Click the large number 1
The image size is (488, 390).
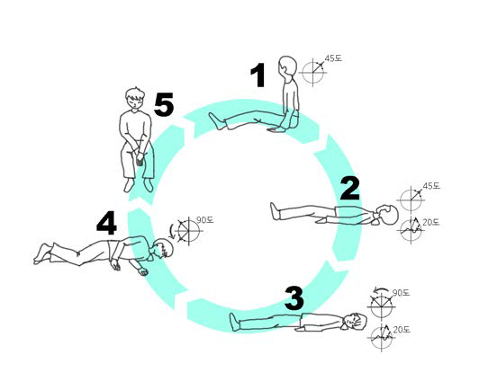click(258, 75)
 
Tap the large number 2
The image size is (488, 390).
click(350, 188)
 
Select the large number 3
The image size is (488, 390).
click(294, 298)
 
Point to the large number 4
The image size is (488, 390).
click(107, 223)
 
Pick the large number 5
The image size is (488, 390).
click(164, 104)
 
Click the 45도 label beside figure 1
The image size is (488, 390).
click(333, 58)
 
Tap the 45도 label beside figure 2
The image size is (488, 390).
click(431, 186)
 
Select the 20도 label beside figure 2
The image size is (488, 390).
click(431, 222)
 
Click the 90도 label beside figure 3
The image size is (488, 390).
click(401, 293)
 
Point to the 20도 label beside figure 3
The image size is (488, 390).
click(402, 330)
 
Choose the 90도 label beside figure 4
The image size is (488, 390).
click(204, 220)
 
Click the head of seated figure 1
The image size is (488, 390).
click(286, 66)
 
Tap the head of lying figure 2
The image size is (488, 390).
click(387, 214)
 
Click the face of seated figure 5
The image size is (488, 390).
click(135, 101)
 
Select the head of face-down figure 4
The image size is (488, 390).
click(163, 249)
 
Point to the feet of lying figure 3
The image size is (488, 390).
click(235, 322)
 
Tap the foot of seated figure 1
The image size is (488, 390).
click(217, 121)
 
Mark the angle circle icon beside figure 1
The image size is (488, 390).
click(312, 73)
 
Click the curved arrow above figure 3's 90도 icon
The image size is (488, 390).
click(381, 291)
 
